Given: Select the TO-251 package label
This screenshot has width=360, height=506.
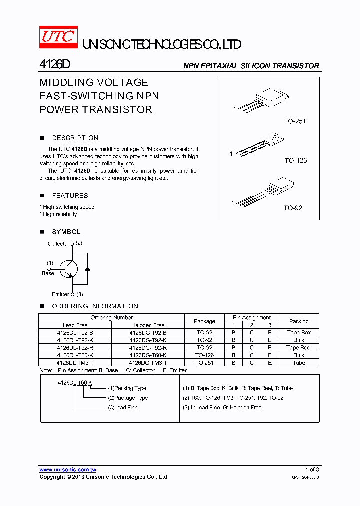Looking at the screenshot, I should click(x=295, y=121).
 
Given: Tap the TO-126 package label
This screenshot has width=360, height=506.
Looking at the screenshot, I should click(x=296, y=161).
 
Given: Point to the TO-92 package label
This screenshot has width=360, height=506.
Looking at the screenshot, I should click(x=293, y=208).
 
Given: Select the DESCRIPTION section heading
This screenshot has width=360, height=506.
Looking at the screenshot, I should click(x=75, y=138).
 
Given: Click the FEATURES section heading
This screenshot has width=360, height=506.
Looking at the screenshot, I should click(x=70, y=196).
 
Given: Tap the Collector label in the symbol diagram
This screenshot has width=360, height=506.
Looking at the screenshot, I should click(x=58, y=244).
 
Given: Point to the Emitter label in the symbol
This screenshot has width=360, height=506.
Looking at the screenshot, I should click(x=60, y=294).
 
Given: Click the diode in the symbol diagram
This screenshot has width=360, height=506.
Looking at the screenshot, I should click(x=88, y=269).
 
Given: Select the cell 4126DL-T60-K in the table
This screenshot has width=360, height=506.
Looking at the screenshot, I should click(x=75, y=355).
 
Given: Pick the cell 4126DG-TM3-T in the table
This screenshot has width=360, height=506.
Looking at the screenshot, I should click(x=148, y=363).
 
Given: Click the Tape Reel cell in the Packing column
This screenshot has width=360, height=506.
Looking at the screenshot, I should click(x=299, y=348).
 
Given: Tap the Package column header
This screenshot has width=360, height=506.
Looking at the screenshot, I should click(x=204, y=321).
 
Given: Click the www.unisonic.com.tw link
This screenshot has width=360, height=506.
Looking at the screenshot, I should click(x=68, y=470).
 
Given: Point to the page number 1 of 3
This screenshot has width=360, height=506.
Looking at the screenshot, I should click(x=312, y=470).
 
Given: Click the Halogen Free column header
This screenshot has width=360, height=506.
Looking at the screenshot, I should click(x=148, y=325).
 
